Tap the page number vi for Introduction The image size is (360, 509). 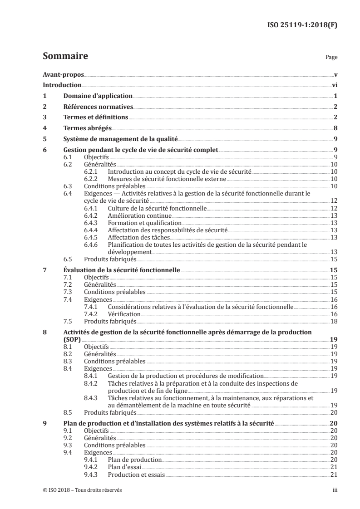334,85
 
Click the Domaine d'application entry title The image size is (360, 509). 97,96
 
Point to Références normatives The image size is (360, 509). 98,107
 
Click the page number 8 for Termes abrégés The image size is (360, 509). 335,128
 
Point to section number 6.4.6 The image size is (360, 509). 92,244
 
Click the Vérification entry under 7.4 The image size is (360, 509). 124,314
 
